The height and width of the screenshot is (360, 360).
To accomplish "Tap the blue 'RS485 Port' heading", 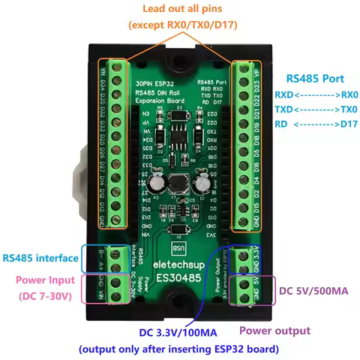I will tap(316, 78).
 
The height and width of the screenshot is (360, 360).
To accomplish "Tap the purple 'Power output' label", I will tap(274, 330).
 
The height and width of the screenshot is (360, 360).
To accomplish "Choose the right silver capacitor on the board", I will tap(202, 182).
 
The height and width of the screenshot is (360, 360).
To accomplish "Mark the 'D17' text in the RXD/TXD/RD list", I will tap(349, 124).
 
